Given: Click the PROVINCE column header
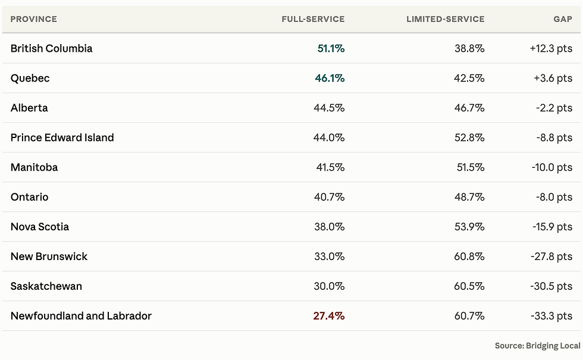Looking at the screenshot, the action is tap(33, 19).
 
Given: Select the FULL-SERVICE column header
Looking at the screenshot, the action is tap(313, 19).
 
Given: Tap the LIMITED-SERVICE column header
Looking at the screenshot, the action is tap(446, 19).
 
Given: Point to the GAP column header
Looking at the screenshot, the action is tap(563, 19).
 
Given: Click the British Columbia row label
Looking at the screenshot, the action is tap(51, 48).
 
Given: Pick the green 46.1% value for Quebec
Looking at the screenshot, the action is tap(330, 78).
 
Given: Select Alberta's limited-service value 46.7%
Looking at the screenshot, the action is tap(469, 108).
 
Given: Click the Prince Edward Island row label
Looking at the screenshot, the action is tap(62, 137).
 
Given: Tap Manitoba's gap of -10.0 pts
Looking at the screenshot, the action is tap(552, 167).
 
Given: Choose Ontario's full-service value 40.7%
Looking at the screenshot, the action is tap(329, 197).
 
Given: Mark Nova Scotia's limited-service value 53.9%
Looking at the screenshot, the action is tap(469, 227).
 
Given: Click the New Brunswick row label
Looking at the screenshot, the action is tap(49, 256).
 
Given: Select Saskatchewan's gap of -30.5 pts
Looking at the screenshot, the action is tap(551, 286).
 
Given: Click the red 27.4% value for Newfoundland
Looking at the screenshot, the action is tap(328, 316).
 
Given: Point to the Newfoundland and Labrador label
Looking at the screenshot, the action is tap(81, 316).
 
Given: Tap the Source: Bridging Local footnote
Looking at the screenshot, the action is tap(537, 346).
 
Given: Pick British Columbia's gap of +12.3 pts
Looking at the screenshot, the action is tap(551, 48).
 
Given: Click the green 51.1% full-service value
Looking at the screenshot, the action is tap(331, 48).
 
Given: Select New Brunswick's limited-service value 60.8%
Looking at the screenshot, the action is tap(469, 256).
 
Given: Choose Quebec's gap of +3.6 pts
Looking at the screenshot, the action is tap(553, 78).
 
